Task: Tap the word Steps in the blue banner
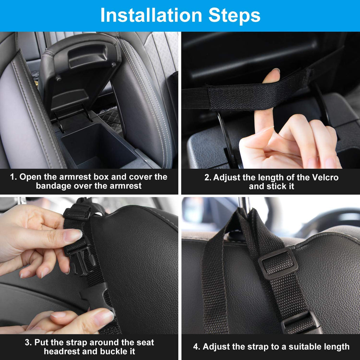click(x=234, y=15)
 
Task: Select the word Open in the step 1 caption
click(x=29, y=177)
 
